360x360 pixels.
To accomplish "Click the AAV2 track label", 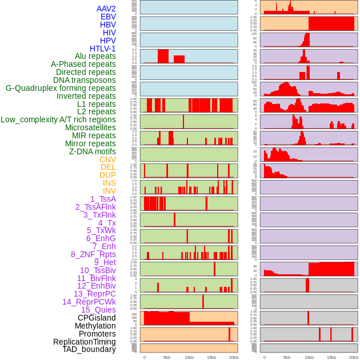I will pos(106,9).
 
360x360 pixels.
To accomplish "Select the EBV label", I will pos(108,17).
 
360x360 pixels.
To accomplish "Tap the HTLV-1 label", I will pos(103,49).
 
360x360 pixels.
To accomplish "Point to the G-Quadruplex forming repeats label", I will pos(61,88).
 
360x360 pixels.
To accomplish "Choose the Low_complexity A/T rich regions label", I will pos(58,119).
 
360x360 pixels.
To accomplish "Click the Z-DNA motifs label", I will pos(93,151).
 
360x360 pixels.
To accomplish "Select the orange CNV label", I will pos(107,159).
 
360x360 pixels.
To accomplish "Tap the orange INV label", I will pos(109,191).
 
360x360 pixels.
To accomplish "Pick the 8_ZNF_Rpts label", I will pos(93,254).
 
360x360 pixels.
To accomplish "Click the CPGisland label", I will pos(97,318).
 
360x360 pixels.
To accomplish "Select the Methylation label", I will pos(95,326).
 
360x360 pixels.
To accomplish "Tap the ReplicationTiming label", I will pos(85,342).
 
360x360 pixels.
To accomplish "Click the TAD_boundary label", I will pos(89,349).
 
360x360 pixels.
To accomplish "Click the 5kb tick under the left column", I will pos(167,357).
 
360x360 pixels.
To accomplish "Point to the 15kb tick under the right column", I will pos(331,357).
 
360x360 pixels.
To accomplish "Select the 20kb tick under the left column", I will pos(234,357).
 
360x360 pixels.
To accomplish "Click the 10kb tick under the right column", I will pos(309,357).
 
